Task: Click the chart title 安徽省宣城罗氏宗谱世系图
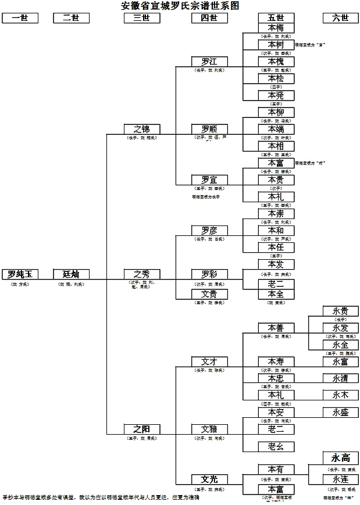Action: pyautogui.click(x=180, y=6)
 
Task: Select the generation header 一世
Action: pyautogui.click(x=20, y=18)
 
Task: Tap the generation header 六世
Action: pyautogui.click(x=341, y=18)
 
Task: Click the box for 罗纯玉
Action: pyautogui.click(x=20, y=274)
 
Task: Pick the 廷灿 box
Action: pyautogui.click(x=71, y=274)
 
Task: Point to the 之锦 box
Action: pyautogui.click(x=142, y=129)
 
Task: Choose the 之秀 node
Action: pyautogui.click(x=142, y=274)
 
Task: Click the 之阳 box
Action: pyautogui.click(x=142, y=429)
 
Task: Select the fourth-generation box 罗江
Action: pyautogui.click(x=209, y=62)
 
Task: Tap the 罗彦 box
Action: pyautogui.click(x=209, y=231)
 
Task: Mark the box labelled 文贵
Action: pyautogui.click(x=209, y=295)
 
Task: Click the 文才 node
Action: pyautogui.click(x=209, y=361)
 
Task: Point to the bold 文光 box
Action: pyautogui.click(x=209, y=479)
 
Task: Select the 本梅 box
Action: pyautogui.click(x=276, y=28)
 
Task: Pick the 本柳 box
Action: pyautogui.click(x=276, y=112)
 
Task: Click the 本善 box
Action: pyautogui.click(x=276, y=328)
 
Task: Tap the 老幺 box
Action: pyautogui.click(x=276, y=446)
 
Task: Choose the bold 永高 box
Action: pyautogui.click(x=341, y=457)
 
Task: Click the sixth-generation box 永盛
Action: pyautogui.click(x=341, y=412)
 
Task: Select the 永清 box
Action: pyautogui.click(x=341, y=378)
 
